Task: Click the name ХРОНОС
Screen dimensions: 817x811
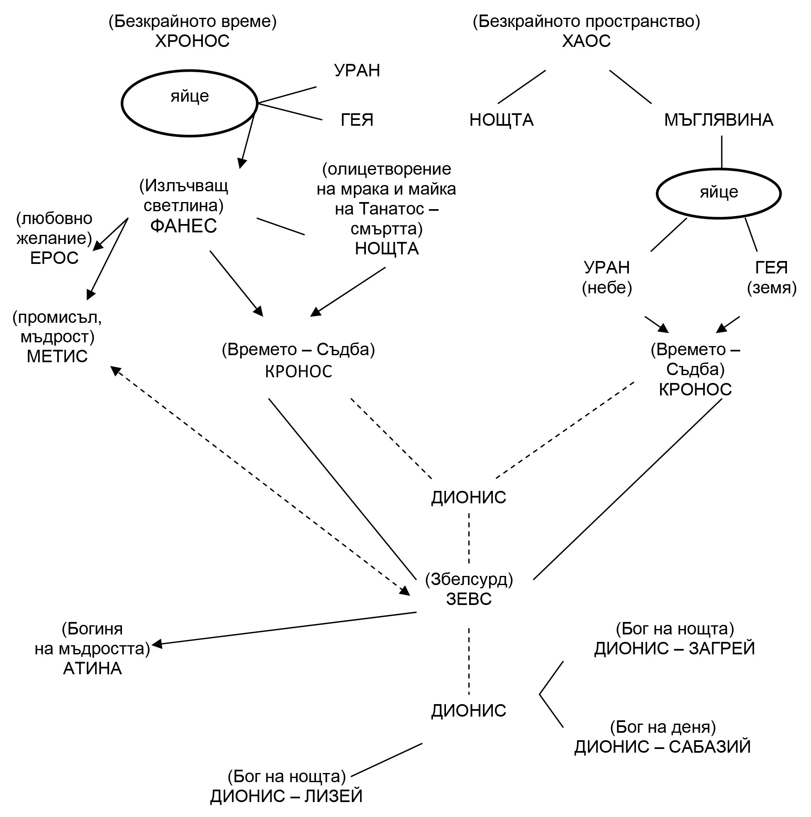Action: tap(192, 41)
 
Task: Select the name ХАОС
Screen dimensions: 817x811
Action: tap(586, 41)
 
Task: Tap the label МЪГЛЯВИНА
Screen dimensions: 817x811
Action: tap(718, 120)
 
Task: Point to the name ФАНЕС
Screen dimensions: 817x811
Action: tap(183, 226)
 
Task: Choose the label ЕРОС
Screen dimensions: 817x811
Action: tap(54, 258)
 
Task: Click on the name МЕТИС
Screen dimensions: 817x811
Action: tap(57, 356)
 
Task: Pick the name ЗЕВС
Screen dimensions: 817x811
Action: tap(469, 599)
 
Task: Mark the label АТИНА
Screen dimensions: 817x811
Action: tap(92, 668)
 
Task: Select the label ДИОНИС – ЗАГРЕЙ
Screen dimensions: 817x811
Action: tap(675, 649)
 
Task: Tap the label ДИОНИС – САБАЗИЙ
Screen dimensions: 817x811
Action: tap(662, 747)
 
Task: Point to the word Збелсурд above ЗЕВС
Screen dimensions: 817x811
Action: tap(469, 580)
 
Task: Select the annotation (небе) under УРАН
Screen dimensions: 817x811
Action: tap(607, 288)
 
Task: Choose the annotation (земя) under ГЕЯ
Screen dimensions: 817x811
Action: tap(772, 288)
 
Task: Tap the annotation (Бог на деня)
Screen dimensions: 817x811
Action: tap(662, 727)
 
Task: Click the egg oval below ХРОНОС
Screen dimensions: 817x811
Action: tap(190, 104)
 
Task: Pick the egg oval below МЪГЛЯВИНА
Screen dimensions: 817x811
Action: tap(718, 194)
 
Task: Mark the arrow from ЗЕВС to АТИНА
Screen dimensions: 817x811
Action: tap(283, 629)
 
